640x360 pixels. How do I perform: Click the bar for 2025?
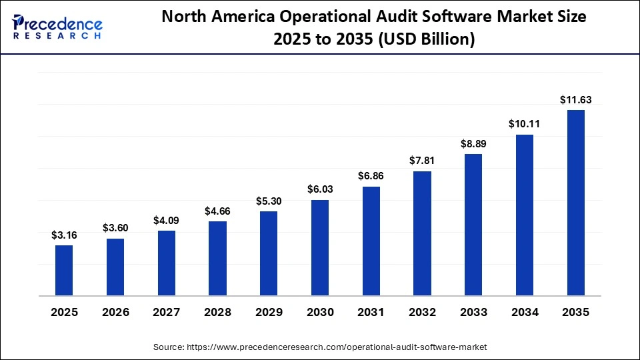click(64, 270)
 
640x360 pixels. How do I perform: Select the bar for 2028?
click(217, 258)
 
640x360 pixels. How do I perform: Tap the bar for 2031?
click(371, 241)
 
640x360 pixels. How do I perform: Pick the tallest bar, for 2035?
click(576, 202)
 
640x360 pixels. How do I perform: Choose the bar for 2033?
click(473, 225)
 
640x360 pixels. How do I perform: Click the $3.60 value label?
click(115, 228)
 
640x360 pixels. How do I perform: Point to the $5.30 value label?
click(269, 201)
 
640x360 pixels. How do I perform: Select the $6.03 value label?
click(320, 189)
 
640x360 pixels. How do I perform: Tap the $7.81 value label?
click(422, 161)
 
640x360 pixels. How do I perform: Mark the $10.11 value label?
click(525, 124)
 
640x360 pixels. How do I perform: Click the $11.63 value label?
click(576, 100)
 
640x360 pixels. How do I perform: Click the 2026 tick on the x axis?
click(115, 312)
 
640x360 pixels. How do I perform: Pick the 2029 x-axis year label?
click(269, 312)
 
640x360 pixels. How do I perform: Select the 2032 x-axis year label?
click(422, 312)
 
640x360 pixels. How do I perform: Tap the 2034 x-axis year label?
click(525, 312)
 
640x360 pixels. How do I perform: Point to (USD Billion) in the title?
click(426, 39)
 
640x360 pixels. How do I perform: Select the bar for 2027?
click(167, 263)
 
